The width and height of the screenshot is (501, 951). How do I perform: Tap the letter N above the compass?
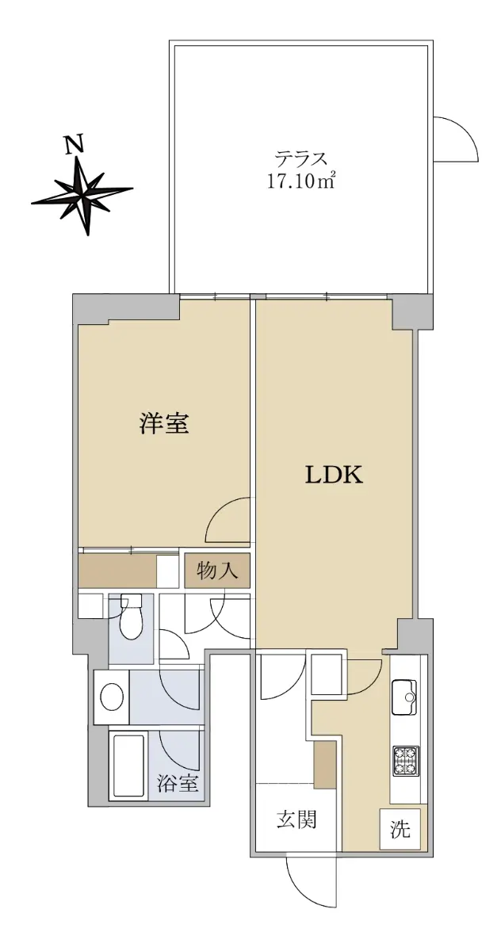coord(74,144)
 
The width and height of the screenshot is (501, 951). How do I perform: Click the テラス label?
coord(301,159)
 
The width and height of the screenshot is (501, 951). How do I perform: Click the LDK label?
coord(335,475)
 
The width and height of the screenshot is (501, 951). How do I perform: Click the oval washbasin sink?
coord(112,697)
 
